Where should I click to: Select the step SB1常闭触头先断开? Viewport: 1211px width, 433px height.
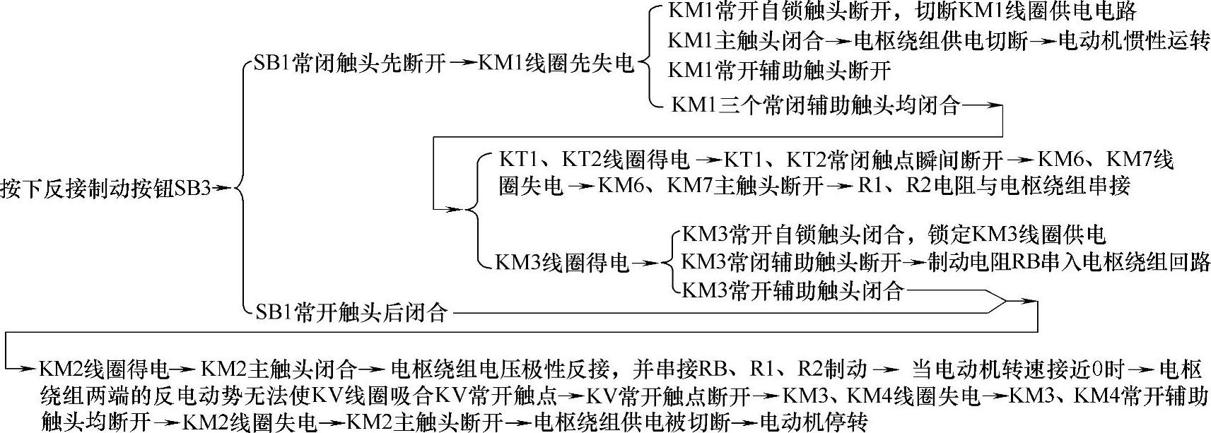[x=344, y=64]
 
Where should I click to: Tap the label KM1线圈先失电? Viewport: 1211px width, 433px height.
[x=556, y=64]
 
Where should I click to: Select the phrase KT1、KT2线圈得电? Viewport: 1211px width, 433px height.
[x=594, y=160]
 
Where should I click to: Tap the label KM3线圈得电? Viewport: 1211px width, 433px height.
[x=562, y=263]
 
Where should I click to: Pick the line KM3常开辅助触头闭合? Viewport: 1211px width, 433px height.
[x=792, y=290]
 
